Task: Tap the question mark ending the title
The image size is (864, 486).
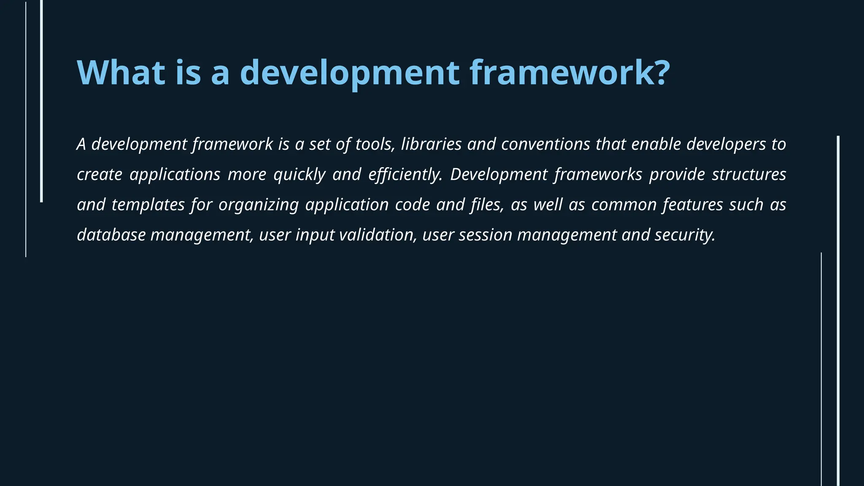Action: coord(659,73)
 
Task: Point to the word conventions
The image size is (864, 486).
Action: coord(545,144)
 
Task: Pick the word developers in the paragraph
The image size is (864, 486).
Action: coord(726,144)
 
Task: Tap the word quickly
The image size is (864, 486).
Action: coord(300,175)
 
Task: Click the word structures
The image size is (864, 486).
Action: coord(749,175)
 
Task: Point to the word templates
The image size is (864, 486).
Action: coord(148,205)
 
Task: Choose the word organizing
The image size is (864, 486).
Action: coord(258,205)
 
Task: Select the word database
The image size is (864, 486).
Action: coord(111,235)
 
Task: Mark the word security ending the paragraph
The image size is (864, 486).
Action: coord(684,235)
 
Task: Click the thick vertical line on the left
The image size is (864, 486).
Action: coord(41,101)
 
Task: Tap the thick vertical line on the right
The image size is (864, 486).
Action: coord(838,310)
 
